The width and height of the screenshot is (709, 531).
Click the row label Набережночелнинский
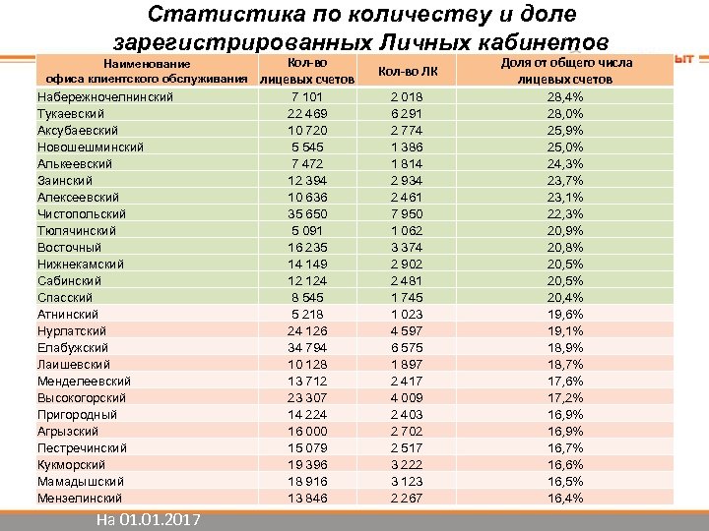pyautogui.click(x=104, y=96)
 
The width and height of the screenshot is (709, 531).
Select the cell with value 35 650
pyautogui.click(x=307, y=213)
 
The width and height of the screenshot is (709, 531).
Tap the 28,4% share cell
pyautogui.click(x=566, y=96)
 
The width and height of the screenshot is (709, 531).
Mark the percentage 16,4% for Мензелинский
pyautogui.click(x=566, y=498)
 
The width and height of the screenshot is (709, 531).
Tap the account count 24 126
pyautogui.click(x=307, y=330)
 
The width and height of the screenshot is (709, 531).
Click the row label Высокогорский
pyautogui.click(x=81, y=397)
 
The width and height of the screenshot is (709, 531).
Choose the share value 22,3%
pyautogui.click(x=566, y=213)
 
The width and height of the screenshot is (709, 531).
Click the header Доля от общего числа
pyautogui.click(x=566, y=63)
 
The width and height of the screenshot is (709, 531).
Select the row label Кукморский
pyautogui.click(x=72, y=464)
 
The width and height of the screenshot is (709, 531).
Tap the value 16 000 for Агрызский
pyautogui.click(x=307, y=431)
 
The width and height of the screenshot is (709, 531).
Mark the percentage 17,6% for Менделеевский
pyautogui.click(x=566, y=381)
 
